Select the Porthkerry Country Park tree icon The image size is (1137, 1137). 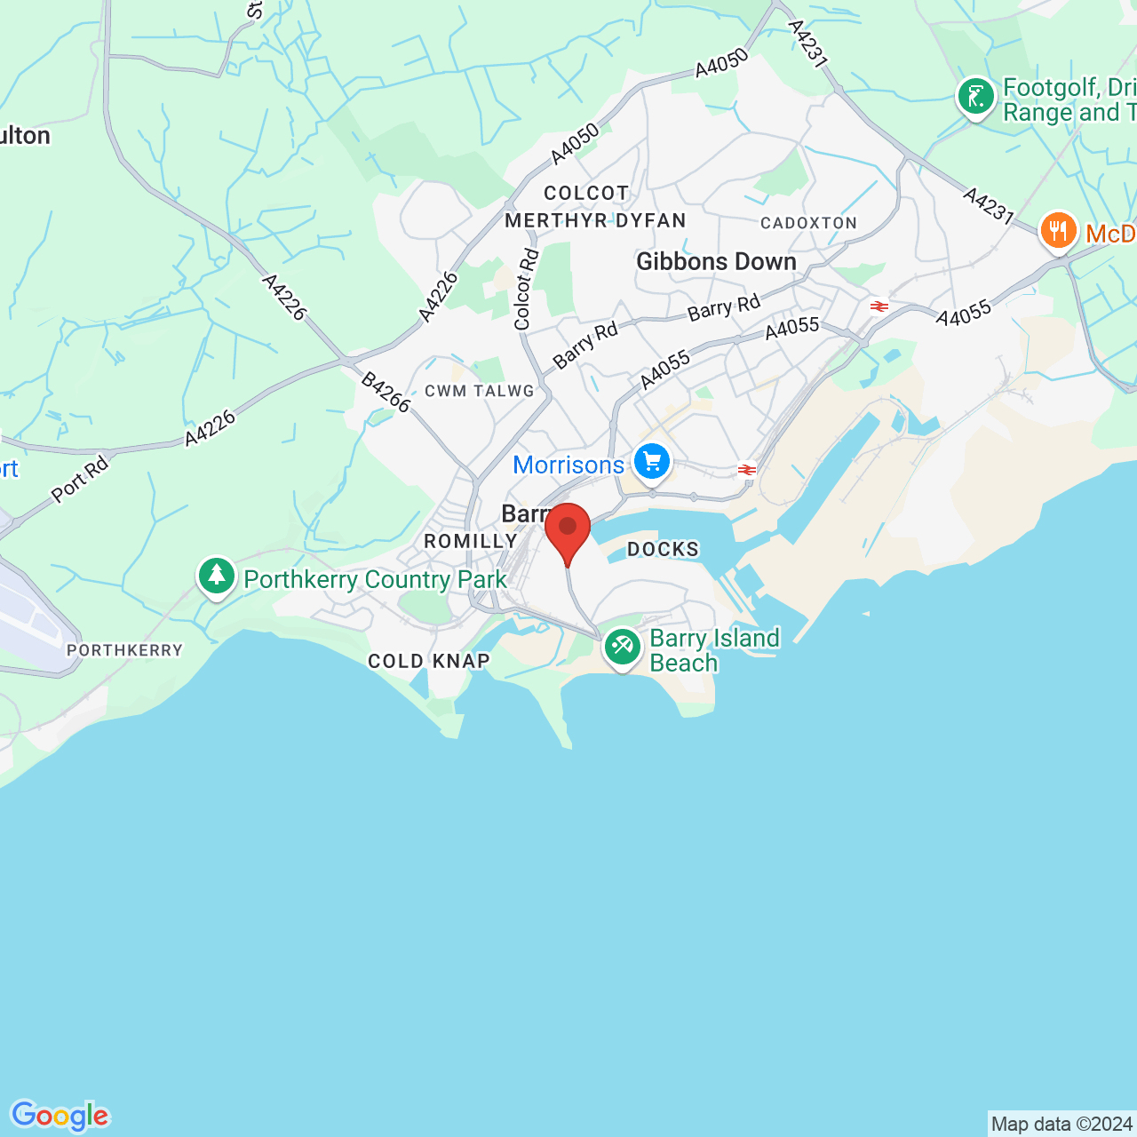point(216,576)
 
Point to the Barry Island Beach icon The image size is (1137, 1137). point(622,648)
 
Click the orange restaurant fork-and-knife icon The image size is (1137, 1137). point(1058,231)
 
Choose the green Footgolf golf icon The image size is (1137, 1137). point(976,97)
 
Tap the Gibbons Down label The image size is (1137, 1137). point(716,261)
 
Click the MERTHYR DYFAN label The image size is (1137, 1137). point(595,220)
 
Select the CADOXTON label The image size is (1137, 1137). point(808,223)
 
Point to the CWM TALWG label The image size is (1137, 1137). point(480,391)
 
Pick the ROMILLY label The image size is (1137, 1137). point(471,541)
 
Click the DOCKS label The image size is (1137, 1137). point(663,550)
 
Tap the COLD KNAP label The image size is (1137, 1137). point(429,661)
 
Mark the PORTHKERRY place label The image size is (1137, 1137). point(124,650)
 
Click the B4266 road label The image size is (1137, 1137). point(386,393)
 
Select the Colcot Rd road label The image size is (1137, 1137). point(527,290)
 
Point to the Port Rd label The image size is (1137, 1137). point(80,479)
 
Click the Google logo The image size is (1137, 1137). point(60,1115)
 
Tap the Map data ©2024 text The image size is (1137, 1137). point(1061,1124)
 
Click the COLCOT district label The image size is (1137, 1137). point(586,193)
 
